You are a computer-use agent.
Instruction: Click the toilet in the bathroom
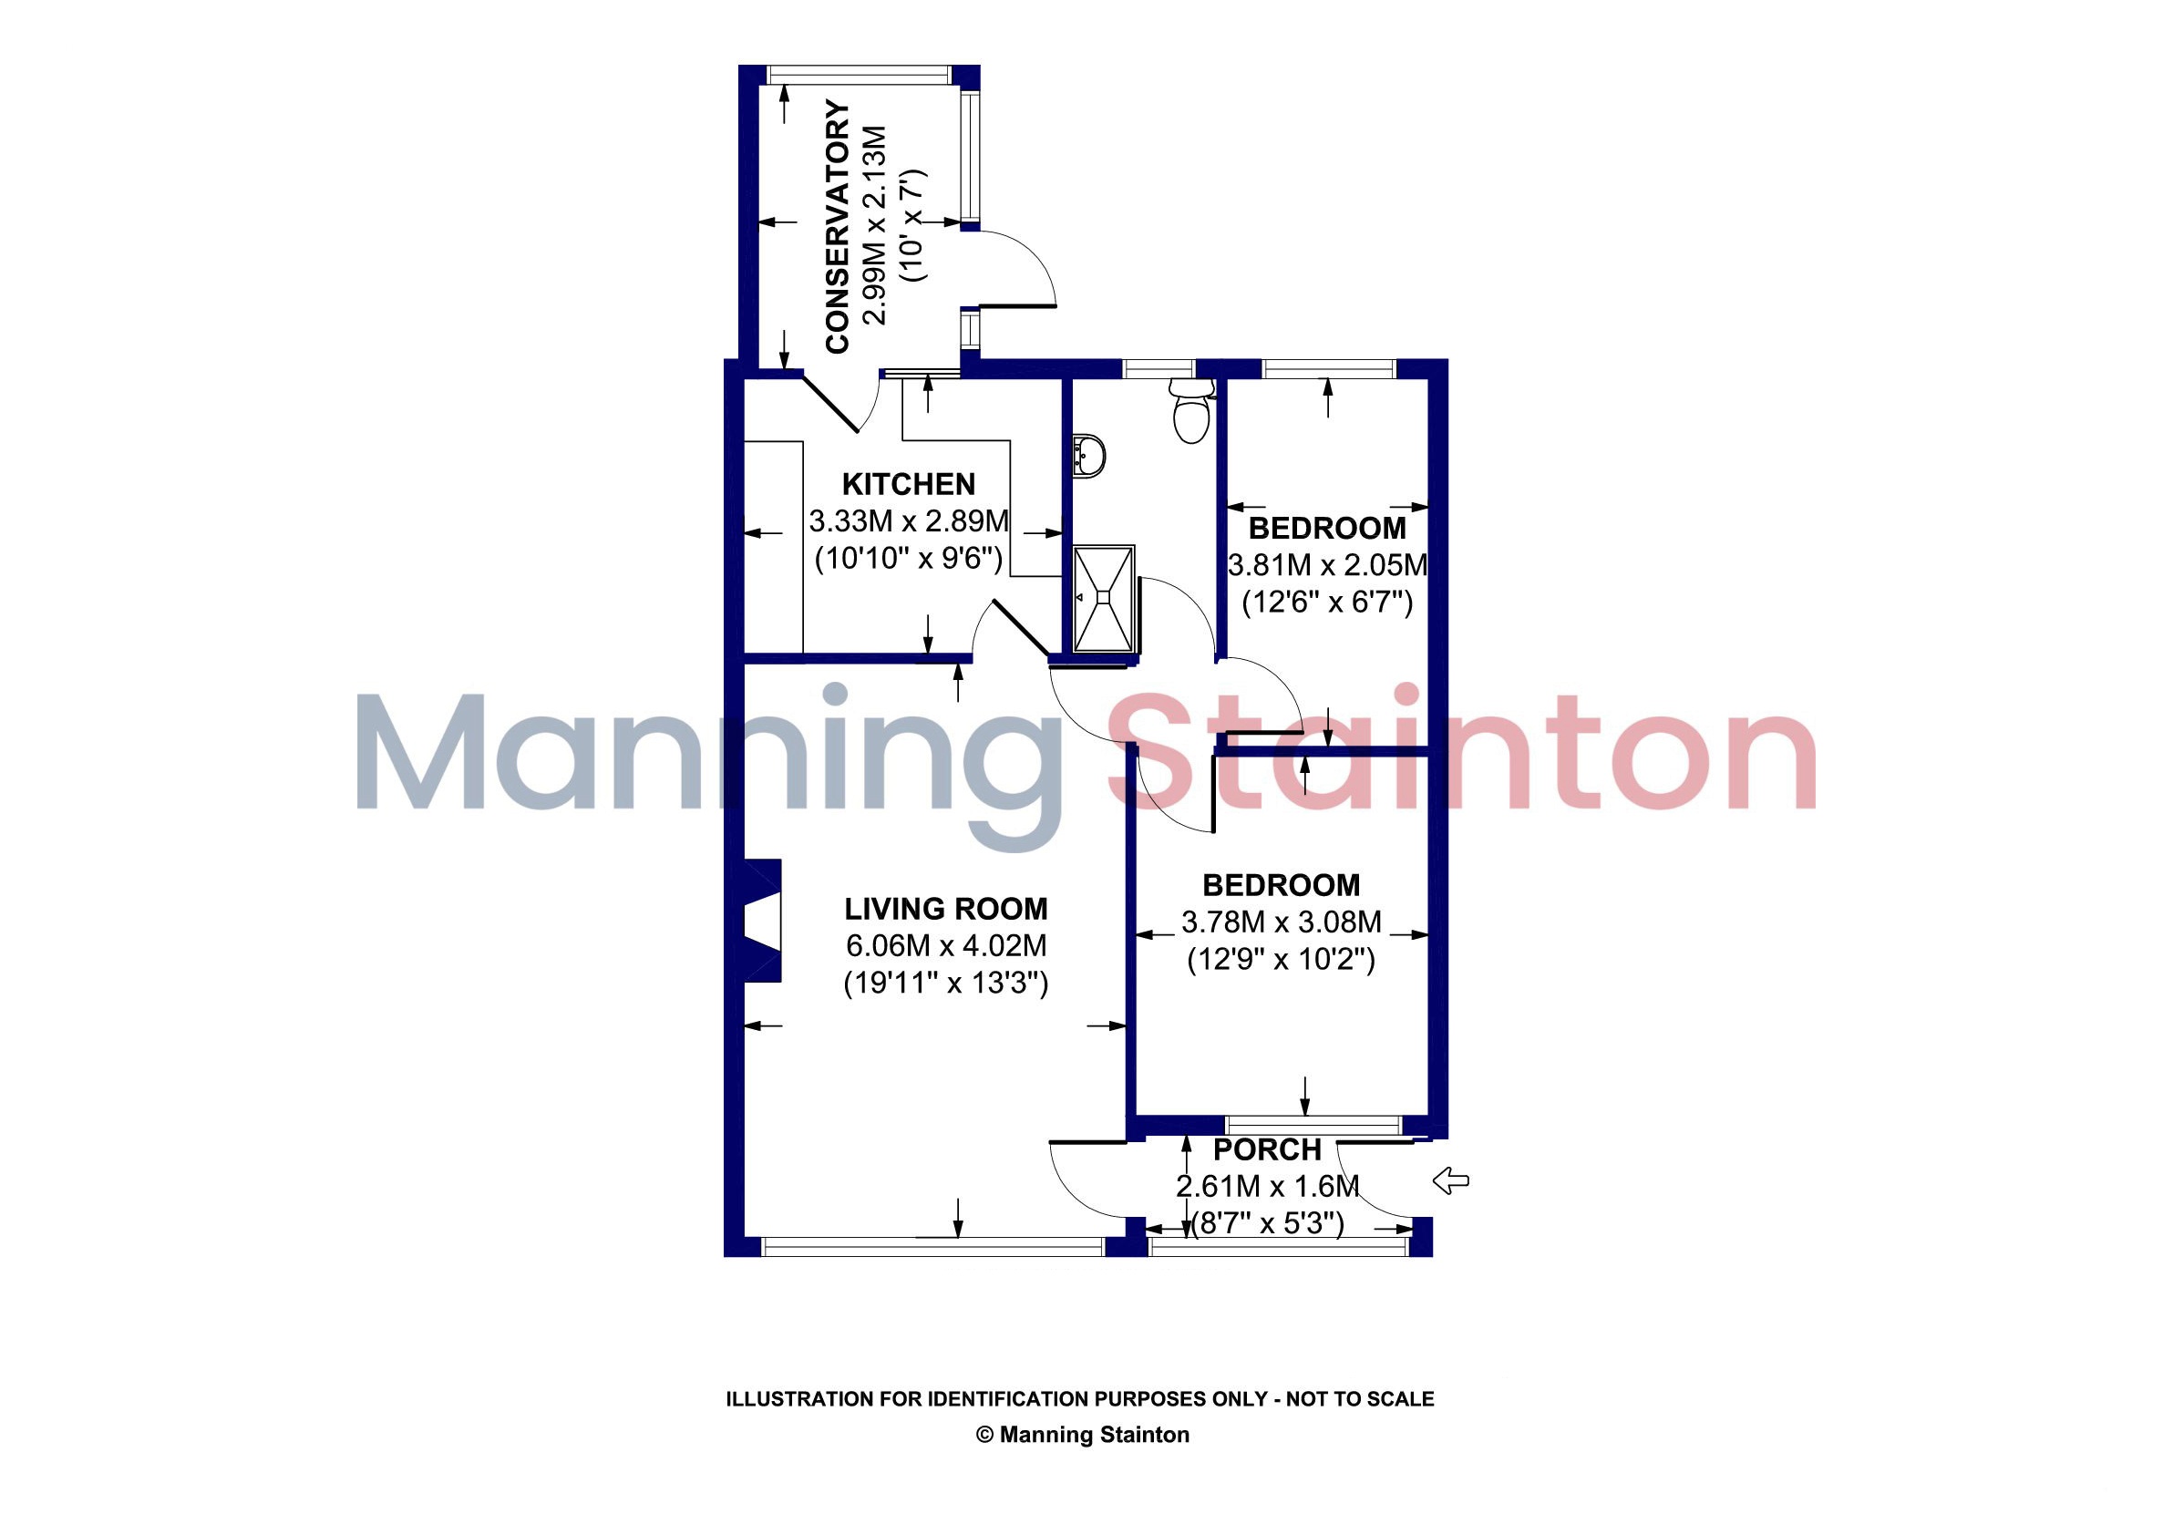[1191, 411]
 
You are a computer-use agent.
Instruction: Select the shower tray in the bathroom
[1104, 599]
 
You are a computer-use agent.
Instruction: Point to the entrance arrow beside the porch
[1451, 1180]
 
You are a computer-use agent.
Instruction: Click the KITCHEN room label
[909, 485]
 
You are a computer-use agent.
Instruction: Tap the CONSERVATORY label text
[838, 227]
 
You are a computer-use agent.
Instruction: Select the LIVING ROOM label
[946, 909]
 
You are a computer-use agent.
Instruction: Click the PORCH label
[1267, 1149]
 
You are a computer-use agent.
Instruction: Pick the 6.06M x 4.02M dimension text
[946, 945]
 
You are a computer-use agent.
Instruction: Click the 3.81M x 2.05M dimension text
[1327, 565]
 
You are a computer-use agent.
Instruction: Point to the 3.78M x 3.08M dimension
[1282, 922]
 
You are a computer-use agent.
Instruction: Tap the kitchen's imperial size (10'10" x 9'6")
[909, 559]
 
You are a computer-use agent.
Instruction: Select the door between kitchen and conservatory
[841, 402]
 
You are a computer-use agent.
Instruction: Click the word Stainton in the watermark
[1462, 752]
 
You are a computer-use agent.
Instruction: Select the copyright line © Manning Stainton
[1083, 1435]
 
